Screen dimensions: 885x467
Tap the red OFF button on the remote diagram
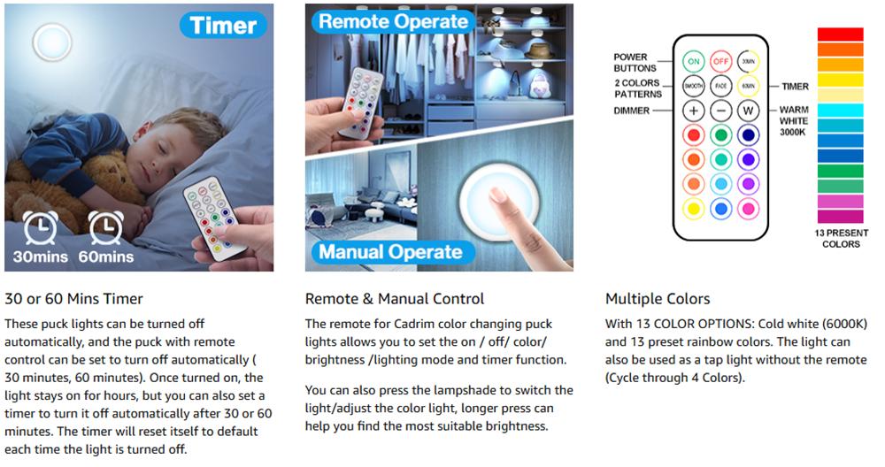point(720,62)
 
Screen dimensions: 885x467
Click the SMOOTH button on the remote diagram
point(694,86)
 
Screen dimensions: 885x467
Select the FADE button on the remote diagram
point(720,86)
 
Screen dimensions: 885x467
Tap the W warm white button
point(749,111)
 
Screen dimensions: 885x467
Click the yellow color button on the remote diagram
point(694,209)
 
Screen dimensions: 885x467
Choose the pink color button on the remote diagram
point(749,209)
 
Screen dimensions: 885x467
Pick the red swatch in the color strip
point(841,34)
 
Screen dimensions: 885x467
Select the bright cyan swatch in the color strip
point(841,110)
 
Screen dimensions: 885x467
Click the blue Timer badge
point(223,26)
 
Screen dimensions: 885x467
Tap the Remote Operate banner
point(393,21)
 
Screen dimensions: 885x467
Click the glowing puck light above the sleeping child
point(52,42)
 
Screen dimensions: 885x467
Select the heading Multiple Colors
point(658,299)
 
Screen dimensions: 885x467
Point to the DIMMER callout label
point(632,111)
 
